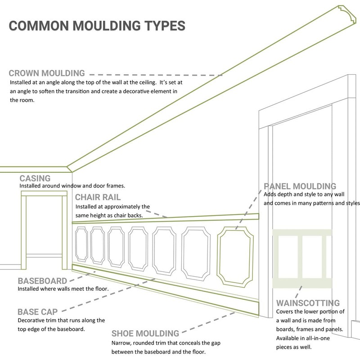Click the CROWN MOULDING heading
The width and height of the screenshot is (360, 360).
pos(47,73)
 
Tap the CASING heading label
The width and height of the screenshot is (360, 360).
pos(35,179)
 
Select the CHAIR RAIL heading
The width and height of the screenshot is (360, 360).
pos(98,198)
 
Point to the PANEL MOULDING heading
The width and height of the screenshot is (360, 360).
pos(300,186)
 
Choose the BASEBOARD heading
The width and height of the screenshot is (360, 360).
pos(43,281)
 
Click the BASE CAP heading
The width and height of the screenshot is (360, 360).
pos(37,311)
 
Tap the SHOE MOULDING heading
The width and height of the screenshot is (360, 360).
pos(145,333)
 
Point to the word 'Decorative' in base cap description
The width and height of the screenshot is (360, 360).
pos(31,320)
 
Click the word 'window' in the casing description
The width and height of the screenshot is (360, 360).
pos(67,186)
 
